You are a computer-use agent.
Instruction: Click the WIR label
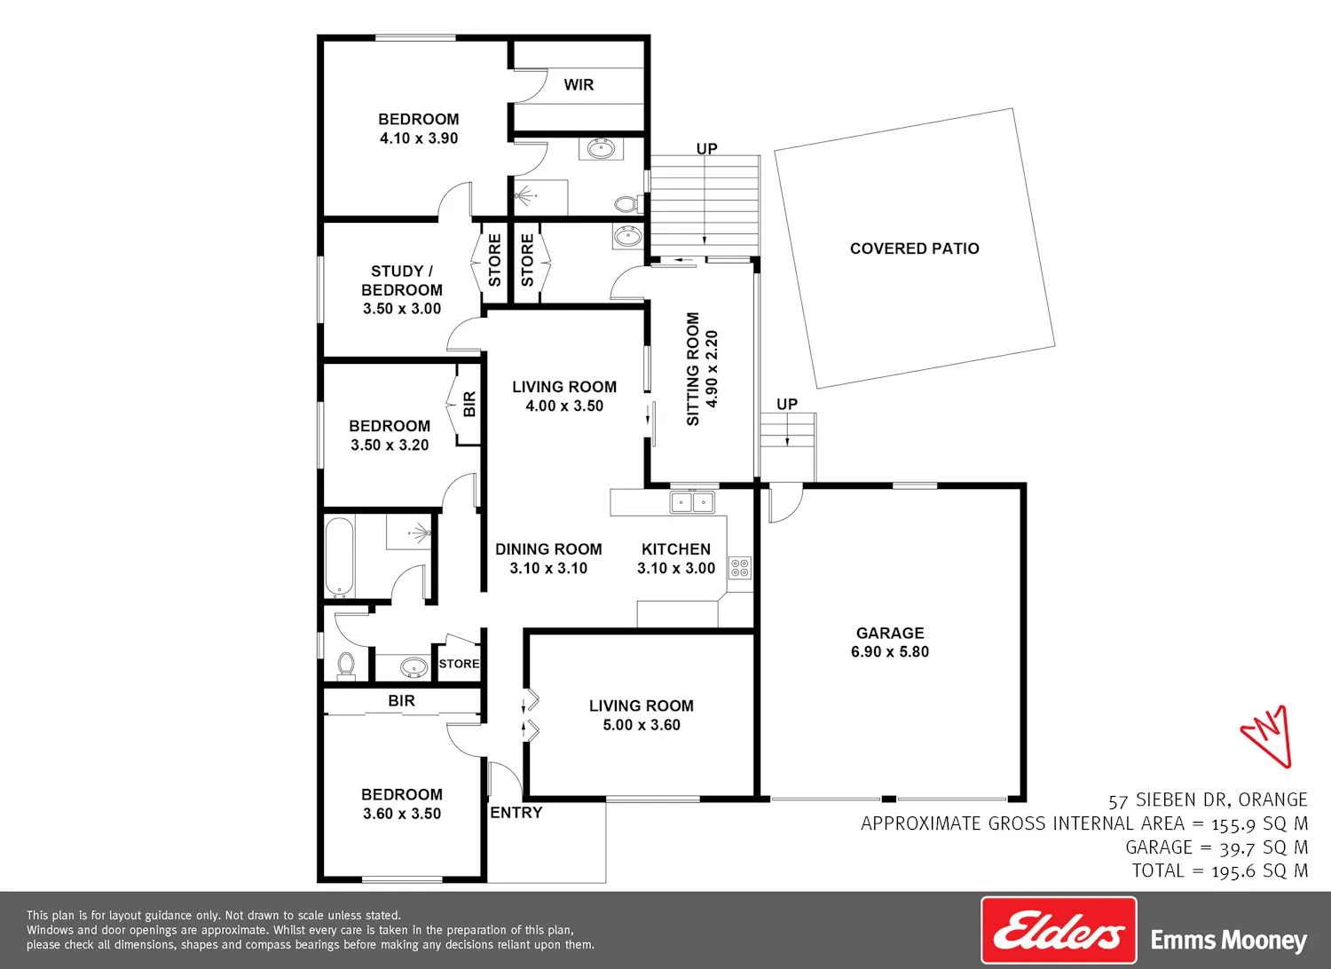pos(579,85)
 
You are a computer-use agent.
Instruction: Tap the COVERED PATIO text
pos(915,248)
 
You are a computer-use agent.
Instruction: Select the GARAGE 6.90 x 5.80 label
pos(890,642)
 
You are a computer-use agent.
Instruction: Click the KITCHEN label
pos(676,549)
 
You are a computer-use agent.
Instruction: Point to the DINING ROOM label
pos(548,549)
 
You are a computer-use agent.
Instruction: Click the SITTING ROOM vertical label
pos(693,369)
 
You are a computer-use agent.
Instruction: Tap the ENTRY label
pos(516,812)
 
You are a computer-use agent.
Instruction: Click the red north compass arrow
pos(1269,736)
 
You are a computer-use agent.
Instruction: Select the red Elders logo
pos(1059,930)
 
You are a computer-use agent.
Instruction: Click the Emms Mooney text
pos(1229,940)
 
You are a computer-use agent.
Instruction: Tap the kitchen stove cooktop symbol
pos(740,567)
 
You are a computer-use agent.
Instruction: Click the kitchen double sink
pos(692,502)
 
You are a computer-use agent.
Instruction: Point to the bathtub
pos(340,556)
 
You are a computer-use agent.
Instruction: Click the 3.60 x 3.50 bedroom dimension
pos(402,814)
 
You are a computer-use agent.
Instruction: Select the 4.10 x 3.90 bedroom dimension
pos(419,138)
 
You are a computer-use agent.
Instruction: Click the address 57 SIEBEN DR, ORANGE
pos(1208,800)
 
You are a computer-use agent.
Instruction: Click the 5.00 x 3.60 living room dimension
pos(642,725)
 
